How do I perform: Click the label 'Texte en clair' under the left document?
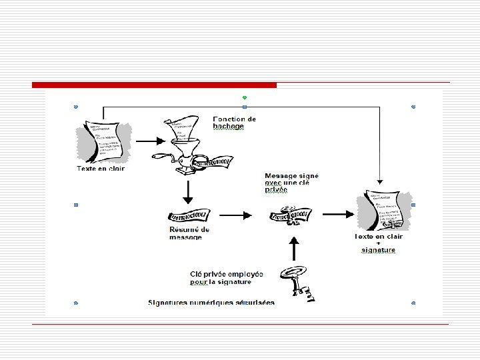(100, 168)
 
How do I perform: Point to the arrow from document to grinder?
(150, 141)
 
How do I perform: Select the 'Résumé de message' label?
(189, 233)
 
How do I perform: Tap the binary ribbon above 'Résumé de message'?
(190, 216)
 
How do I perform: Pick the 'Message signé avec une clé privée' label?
(291, 182)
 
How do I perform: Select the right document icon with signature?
(384, 211)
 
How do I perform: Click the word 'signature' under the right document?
(379, 250)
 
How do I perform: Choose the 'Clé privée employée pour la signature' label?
(226, 277)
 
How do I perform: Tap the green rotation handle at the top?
(245, 97)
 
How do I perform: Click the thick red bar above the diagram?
(154, 85)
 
